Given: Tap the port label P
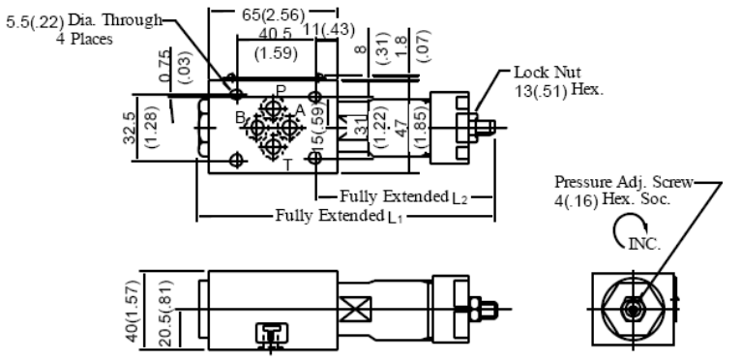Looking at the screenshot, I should [x=281, y=90].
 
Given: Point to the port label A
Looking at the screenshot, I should [x=300, y=110].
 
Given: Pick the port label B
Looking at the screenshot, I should [x=241, y=117].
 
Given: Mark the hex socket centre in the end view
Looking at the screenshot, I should [x=633, y=308].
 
